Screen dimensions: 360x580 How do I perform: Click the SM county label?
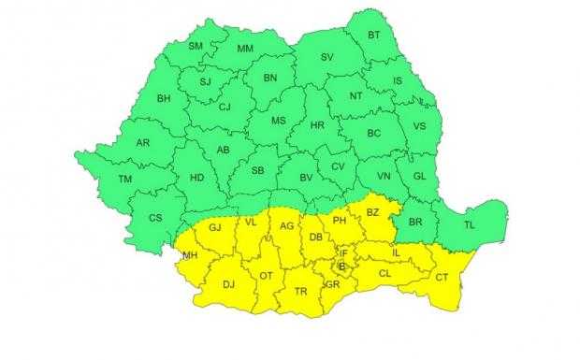point(196,47)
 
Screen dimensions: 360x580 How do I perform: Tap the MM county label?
point(245,49)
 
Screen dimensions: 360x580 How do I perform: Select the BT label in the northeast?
point(374,36)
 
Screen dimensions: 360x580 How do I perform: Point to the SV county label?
point(327,58)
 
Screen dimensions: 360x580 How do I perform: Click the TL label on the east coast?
point(470,223)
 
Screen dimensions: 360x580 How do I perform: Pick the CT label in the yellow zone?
point(442,277)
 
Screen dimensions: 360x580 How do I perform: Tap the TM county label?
point(124,179)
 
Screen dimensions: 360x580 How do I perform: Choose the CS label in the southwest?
point(156,218)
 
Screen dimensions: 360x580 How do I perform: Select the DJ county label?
point(227,286)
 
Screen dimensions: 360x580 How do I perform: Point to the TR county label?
point(301,293)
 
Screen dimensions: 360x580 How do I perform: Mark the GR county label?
point(332,284)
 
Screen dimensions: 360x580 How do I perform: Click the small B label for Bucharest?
point(342,267)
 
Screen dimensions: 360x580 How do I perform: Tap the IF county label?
point(343,253)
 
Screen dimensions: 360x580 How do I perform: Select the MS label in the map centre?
point(279,122)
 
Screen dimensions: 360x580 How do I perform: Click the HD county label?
point(196,177)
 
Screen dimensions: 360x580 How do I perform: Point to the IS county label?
point(397,81)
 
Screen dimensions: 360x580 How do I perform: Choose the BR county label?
point(416,223)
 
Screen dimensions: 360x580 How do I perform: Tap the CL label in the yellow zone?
point(384,274)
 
